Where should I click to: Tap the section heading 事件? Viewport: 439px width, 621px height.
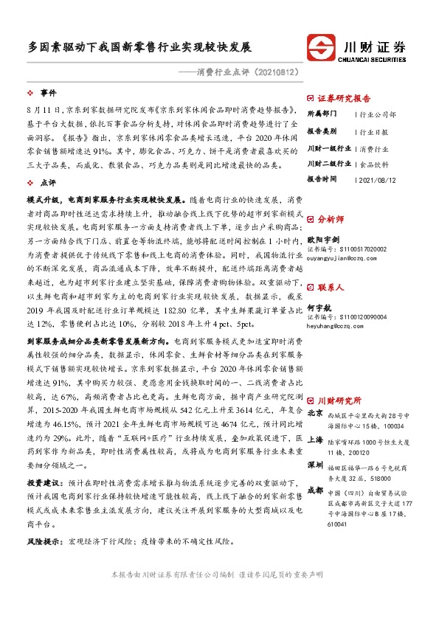[49, 94]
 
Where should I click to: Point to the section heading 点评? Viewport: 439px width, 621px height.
[49, 181]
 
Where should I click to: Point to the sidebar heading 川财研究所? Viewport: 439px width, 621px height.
[339, 400]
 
